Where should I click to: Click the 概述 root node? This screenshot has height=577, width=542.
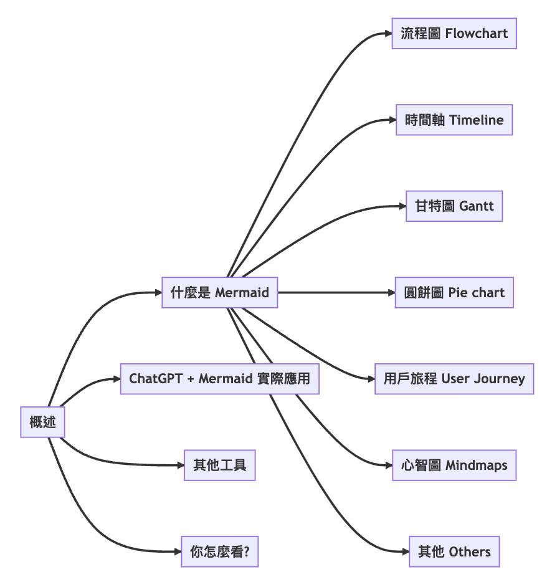click(42, 422)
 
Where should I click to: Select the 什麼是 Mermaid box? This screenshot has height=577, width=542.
click(219, 292)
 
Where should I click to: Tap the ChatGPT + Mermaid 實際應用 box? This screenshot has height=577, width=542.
click(219, 379)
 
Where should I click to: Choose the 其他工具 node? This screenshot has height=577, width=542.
click(219, 465)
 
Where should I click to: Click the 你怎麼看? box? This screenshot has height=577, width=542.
click(219, 551)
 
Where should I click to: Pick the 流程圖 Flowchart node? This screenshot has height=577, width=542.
click(454, 34)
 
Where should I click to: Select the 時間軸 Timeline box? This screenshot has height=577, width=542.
click(454, 120)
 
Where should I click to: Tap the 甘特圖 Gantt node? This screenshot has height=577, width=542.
click(454, 206)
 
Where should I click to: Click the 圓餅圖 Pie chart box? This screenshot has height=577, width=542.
click(454, 292)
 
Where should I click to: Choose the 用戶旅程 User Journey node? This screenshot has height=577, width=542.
click(454, 379)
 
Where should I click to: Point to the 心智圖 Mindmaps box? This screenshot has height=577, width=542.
click(454, 465)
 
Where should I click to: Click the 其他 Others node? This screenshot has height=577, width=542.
click(454, 551)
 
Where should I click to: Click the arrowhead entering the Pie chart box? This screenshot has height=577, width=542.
click(391, 292)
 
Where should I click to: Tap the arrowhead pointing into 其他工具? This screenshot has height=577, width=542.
click(180, 465)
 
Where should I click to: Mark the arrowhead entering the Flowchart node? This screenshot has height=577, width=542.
click(387, 34)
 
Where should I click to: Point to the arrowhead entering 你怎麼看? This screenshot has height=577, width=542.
click(177, 551)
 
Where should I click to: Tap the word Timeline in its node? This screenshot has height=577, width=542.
click(476, 120)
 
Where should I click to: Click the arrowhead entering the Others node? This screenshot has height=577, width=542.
click(405, 551)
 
